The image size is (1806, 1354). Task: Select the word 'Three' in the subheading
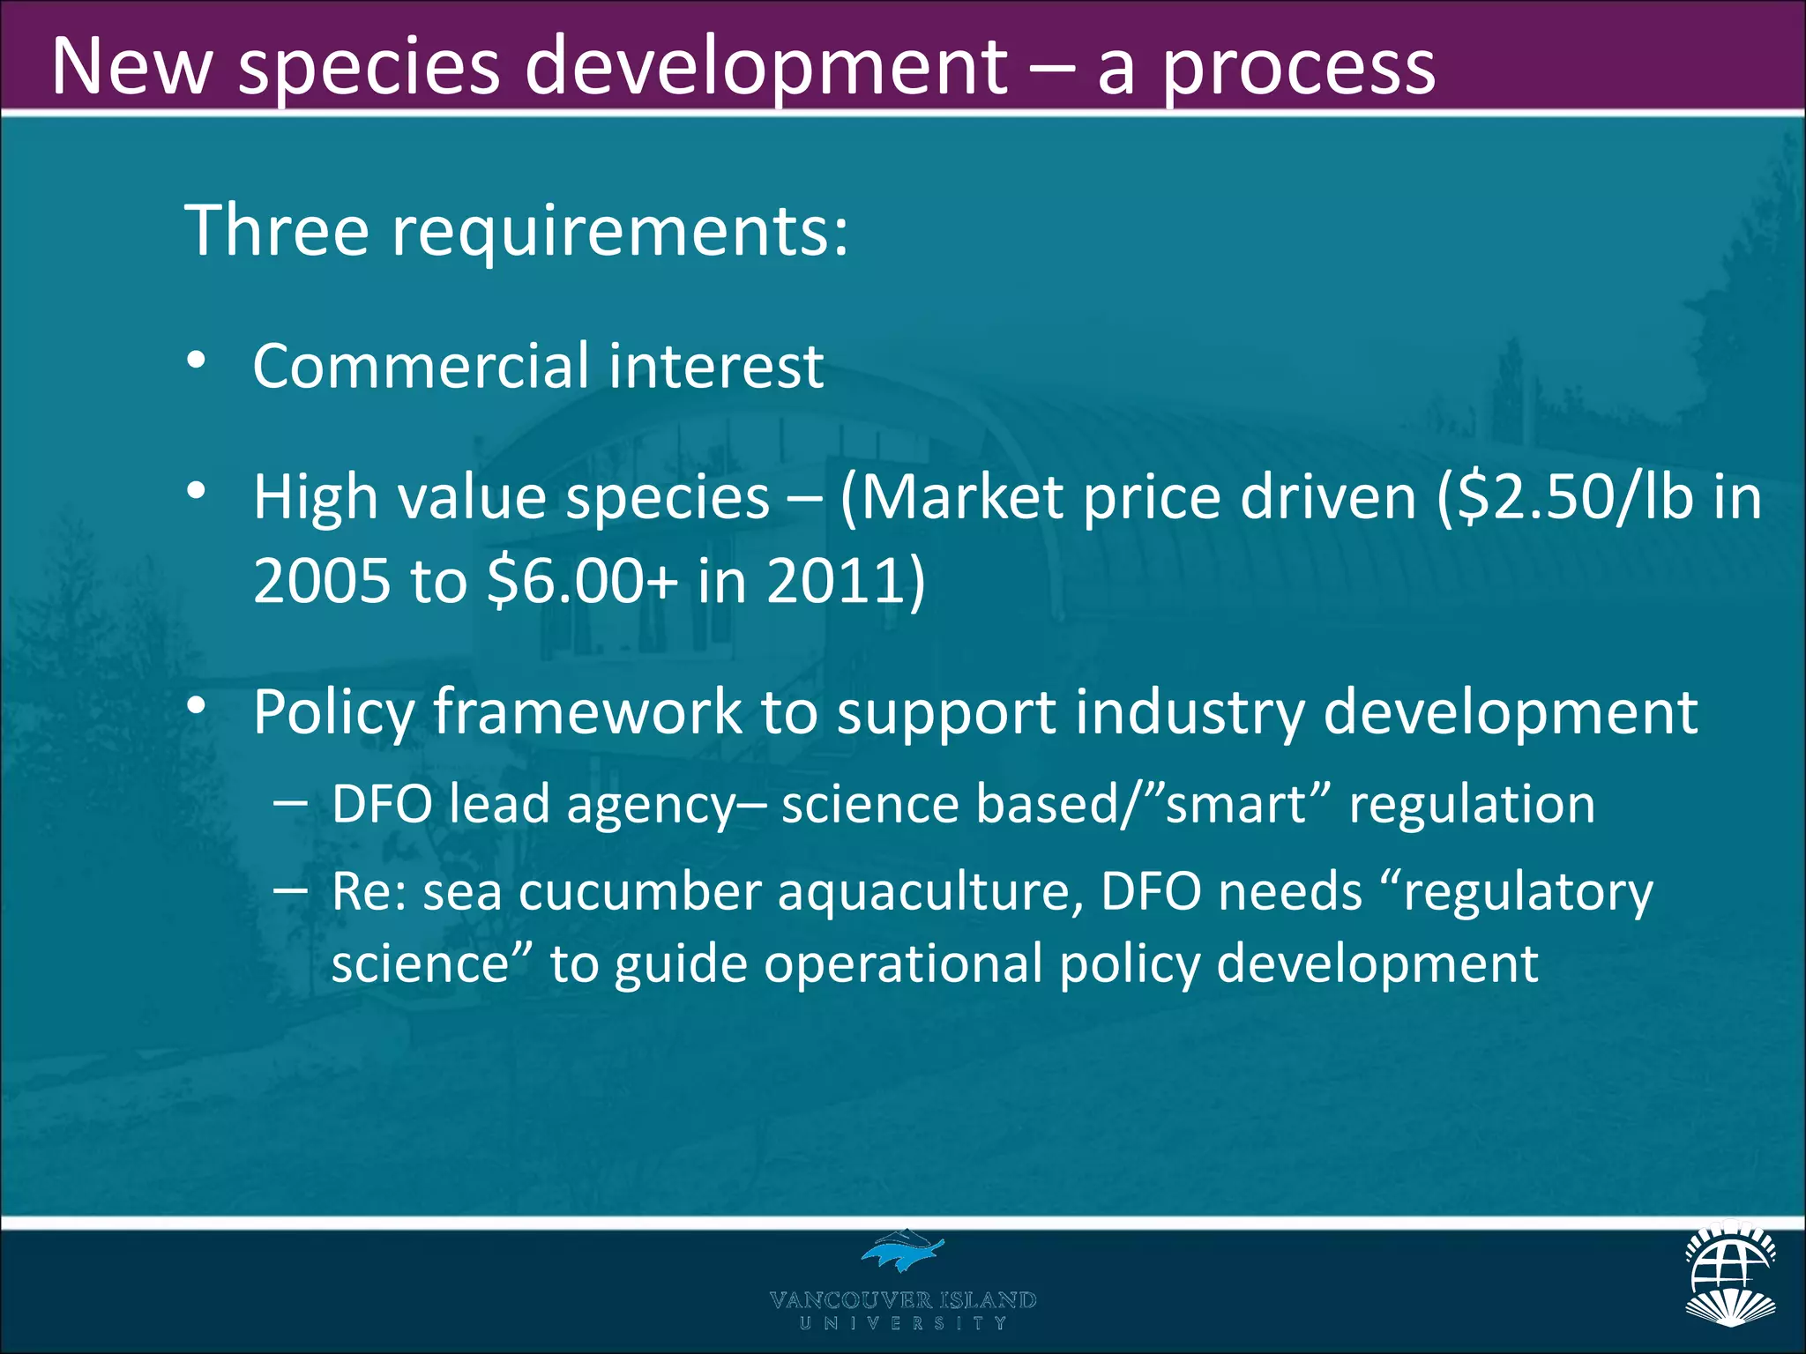tap(276, 230)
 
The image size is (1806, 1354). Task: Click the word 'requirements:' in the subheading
tap(620, 230)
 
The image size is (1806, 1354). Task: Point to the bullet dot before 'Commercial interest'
tap(196, 361)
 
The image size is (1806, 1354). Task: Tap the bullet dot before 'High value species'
tap(196, 490)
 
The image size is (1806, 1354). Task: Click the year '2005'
tap(321, 581)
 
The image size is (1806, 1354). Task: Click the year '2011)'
tap(846, 581)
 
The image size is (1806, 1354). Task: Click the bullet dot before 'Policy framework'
tap(196, 704)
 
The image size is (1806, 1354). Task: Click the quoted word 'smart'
tap(1234, 804)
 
